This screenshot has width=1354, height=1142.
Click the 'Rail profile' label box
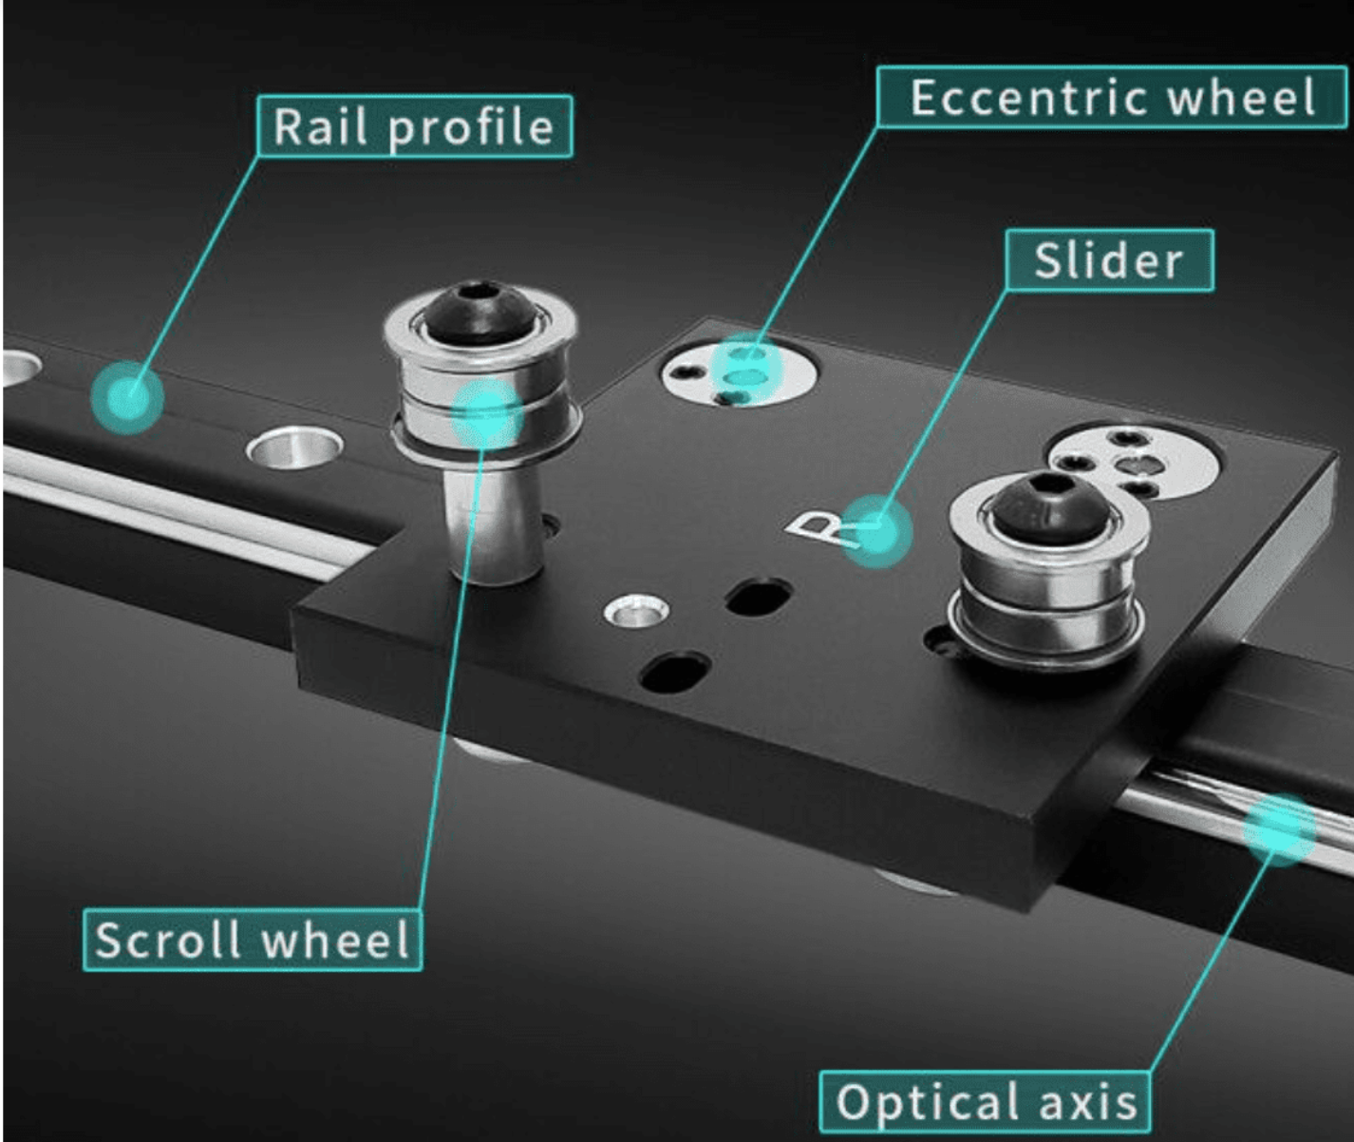point(415,126)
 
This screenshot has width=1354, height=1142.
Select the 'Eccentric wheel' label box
point(1112,97)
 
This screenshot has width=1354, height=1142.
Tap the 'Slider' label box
point(1110,260)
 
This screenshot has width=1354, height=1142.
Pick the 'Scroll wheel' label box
point(253,940)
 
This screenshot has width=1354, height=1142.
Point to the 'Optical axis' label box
point(986,1102)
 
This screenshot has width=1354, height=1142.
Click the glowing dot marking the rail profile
point(127,396)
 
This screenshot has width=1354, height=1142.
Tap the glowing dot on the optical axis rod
point(1279,829)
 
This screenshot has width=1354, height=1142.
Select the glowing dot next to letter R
point(877,532)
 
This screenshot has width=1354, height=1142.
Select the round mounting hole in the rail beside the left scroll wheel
point(295,447)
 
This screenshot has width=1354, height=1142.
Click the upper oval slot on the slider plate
point(759,597)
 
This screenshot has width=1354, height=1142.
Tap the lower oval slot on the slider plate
point(674,671)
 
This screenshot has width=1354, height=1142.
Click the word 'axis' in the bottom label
point(1088,1102)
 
